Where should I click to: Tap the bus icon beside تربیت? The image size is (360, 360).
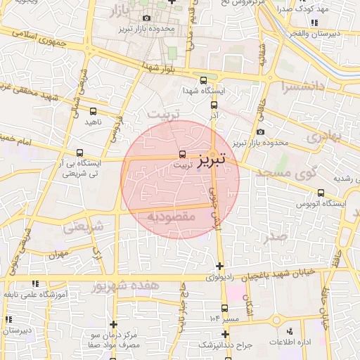click(184, 153)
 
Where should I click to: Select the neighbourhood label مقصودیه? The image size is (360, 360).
click(171, 217)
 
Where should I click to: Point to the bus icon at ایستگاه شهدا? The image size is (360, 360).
click(204, 80)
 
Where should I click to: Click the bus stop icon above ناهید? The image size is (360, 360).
click(94, 111)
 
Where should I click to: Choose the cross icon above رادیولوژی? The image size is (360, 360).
click(221, 266)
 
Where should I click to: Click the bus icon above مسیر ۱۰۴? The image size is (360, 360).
click(224, 308)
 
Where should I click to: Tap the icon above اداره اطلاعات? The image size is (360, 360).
click(290, 330)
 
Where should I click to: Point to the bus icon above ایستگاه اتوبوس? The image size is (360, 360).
click(321, 193)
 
